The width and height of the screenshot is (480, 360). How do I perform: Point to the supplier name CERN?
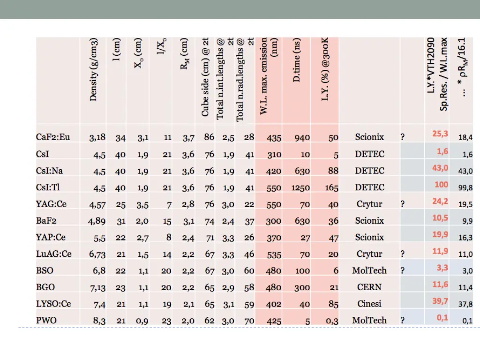[369, 287]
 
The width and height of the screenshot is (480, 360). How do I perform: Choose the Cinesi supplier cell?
[369, 304]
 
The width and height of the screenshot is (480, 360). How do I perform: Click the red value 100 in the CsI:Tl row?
[441, 184]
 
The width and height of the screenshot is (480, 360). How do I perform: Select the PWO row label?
[47, 321]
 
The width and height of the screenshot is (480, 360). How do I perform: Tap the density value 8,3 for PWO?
[99, 321]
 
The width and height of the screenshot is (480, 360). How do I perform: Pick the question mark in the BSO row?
[403, 271]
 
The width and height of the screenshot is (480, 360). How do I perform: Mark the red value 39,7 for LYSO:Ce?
[440, 301]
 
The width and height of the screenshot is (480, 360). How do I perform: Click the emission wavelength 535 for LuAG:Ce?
[273, 254]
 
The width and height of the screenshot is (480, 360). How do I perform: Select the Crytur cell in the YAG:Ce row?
[369, 204]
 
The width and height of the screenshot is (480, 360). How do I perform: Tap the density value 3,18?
[97, 138]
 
